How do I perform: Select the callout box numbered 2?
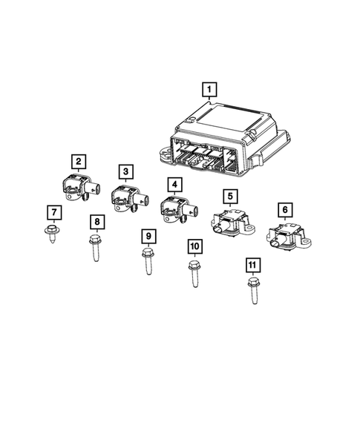77,160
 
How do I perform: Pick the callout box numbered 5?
231,196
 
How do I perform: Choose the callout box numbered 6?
283,209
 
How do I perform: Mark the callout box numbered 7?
52,212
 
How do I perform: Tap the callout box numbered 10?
194,246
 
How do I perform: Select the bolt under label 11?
252,289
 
